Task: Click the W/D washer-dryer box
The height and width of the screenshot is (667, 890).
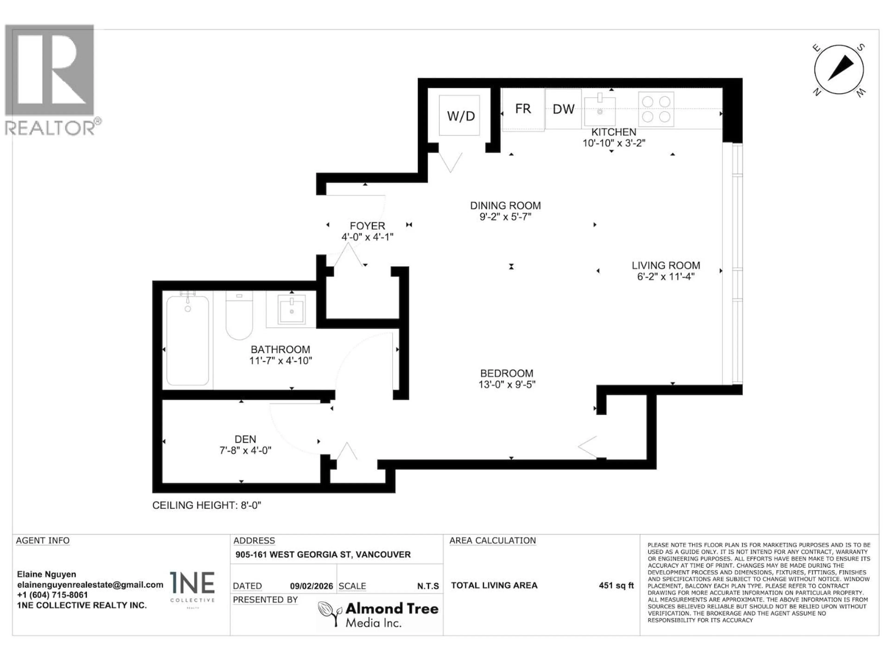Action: click(459, 115)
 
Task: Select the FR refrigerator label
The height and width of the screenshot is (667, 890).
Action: click(523, 109)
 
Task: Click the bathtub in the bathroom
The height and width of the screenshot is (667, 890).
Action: click(188, 341)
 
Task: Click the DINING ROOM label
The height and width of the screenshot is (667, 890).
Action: click(505, 205)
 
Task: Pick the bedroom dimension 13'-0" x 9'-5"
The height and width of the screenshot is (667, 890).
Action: click(507, 385)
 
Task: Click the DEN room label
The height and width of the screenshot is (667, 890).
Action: click(245, 439)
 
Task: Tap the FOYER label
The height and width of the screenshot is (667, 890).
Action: click(367, 226)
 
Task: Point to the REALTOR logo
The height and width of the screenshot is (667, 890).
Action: click(50, 80)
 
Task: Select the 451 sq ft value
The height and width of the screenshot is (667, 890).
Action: click(616, 585)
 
